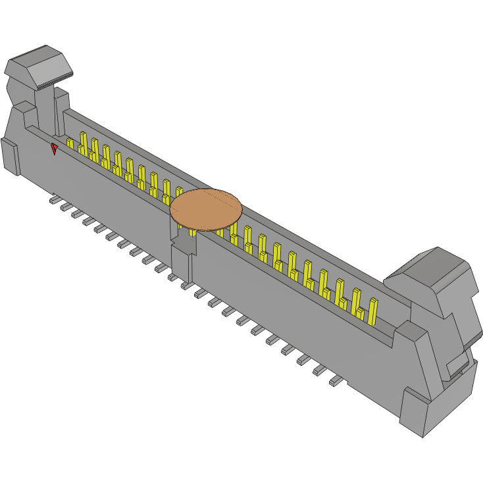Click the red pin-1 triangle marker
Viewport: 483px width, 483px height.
[x=55, y=149]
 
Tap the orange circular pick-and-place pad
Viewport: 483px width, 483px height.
[x=206, y=209]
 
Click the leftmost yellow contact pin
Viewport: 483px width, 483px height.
[x=70, y=143]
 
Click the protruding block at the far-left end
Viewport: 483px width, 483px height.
[x=10, y=156]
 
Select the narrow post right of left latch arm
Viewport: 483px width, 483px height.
[x=62, y=109]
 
